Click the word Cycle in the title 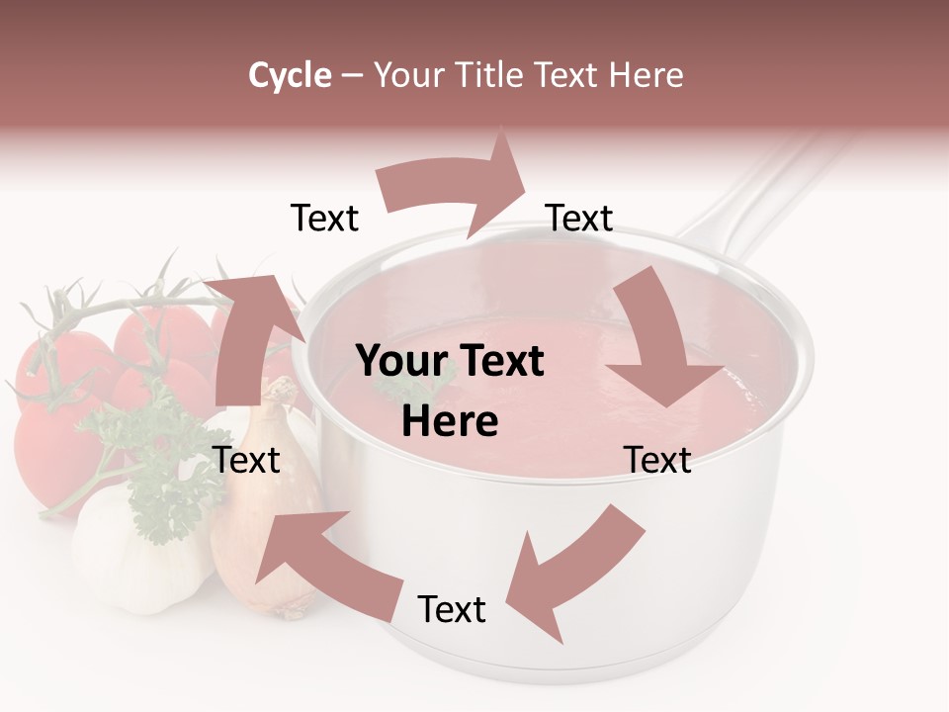[x=290, y=75]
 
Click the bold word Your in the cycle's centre [x=400, y=362]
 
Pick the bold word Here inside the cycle [x=450, y=422]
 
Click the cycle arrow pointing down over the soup [x=662, y=346]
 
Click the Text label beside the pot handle [x=579, y=219]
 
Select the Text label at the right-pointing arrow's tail [x=324, y=219]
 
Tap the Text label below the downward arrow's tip [x=657, y=460]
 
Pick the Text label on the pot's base [x=452, y=610]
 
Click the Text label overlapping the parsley [x=246, y=460]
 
